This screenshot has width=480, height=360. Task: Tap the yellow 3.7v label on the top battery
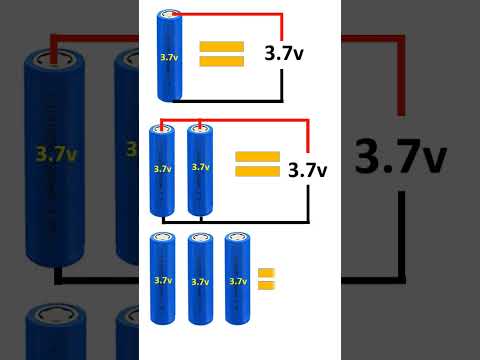pyautogui.click(x=168, y=58)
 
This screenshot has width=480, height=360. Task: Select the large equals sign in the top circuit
pyautogui.click(x=221, y=54)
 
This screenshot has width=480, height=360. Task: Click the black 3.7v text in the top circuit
pyautogui.click(x=284, y=55)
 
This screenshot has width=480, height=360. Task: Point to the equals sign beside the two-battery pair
pyautogui.click(x=256, y=164)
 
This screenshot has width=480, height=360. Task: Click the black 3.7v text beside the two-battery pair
pyautogui.click(x=307, y=170)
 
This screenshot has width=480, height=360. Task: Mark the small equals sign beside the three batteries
pyautogui.click(x=265, y=279)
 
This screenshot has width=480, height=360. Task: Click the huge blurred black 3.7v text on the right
pyautogui.click(x=413, y=157)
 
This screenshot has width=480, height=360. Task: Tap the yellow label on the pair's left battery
pyautogui.click(x=162, y=169)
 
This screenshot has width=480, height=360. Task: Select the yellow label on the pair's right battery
pyautogui.click(x=200, y=167)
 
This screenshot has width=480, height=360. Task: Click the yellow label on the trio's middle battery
pyautogui.click(x=200, y=282)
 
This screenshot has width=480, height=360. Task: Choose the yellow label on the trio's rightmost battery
pyautogui.click(x=237, y=282)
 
